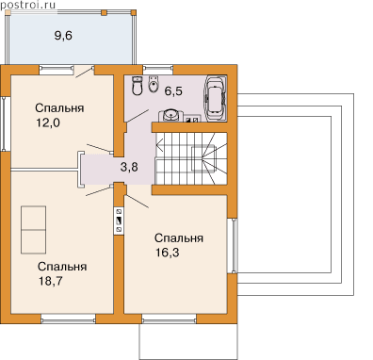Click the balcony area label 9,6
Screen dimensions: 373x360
(63, 36)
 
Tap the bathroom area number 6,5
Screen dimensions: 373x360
(173, 91)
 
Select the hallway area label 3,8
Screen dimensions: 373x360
(129, 167)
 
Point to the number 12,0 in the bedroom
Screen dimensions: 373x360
(48, 123)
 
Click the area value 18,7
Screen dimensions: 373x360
(51, 281)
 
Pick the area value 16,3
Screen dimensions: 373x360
(168, 253)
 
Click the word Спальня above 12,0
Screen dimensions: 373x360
(59, 108)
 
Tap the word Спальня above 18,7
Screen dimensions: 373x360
(62, 267)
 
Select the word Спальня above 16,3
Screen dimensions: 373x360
(179, 238)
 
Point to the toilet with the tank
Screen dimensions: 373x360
(138, 86)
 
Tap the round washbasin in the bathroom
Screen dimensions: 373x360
(170, 115)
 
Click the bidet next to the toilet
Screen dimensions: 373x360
(153, 84)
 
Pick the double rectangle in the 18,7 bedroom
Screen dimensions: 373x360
(33, 230)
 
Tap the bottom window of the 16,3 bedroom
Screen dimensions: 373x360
(169, 320)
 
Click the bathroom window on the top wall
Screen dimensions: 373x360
(157, 68)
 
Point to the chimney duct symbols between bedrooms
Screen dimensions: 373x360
(119, 221)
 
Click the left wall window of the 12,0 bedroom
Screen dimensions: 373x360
(5, 123)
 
